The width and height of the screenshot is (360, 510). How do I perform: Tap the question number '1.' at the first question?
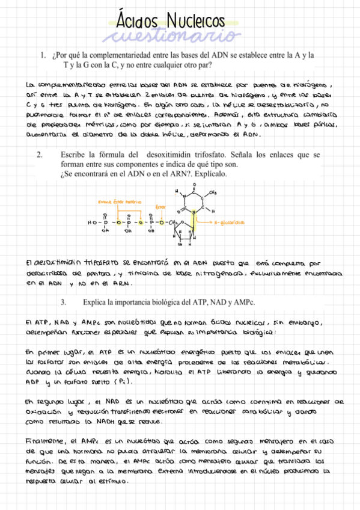click(44, 55)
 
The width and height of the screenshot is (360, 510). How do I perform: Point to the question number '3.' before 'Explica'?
click(65, 300)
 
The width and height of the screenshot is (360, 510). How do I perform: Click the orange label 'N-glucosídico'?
click(230, 222)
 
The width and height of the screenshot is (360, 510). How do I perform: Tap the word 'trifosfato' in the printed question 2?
click(234, 155)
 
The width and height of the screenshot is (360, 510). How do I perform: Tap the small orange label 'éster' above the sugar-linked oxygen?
click(160, 207)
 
